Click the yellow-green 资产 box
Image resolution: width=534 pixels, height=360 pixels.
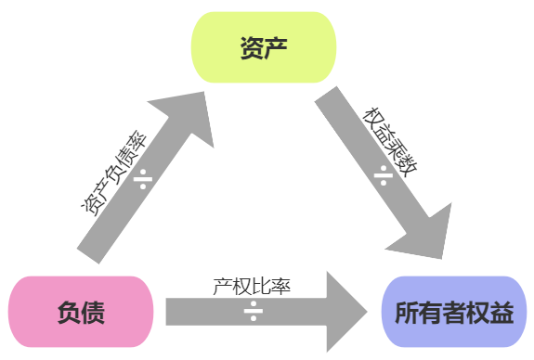pyautogui.click(x=263, y=47)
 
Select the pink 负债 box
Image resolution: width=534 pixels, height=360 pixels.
pyautogui.click(x=80, y=312)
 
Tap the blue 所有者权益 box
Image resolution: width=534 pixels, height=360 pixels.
pyautogui.click(x=454, y=312)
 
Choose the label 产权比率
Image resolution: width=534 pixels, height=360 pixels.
pyautogui.click(x=252, y=286)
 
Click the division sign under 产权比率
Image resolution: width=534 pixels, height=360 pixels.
pyautogui.click(x=253, y=311)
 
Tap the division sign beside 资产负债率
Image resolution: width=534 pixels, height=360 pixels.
pyautogui.click(x=144, y=177)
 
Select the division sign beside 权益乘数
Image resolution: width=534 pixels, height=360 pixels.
pyautogui.click(x=382, y=174)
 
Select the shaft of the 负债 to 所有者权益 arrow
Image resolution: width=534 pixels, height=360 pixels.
pyautogui.click(x=214, y=311)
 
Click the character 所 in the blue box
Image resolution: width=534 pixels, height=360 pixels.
pyautogui.click(x=407, y=313)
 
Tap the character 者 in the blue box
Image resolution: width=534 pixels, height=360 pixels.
pyautogui.click(x=454, y=313)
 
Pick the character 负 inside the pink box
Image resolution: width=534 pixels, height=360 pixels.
pyautogui.click(x=67, y=313)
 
